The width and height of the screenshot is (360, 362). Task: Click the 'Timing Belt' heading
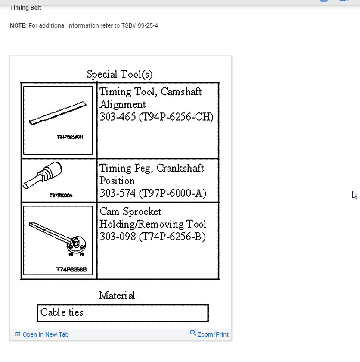click(25, 8)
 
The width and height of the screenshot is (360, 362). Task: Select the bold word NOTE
click(18, 25)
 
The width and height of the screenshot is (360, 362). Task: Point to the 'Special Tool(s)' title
click(119, 74)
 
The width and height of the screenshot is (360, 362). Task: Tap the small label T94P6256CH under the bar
click(70, 137)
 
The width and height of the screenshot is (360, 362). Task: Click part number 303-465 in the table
click(118, 117)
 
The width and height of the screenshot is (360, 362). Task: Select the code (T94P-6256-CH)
click(176, 117)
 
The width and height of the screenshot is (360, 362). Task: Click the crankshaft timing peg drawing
click(43, 176)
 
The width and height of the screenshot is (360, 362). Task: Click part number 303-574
click(118, 193)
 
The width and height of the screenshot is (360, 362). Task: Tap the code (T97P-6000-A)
click(172, 193)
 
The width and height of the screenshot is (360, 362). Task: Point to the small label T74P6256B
click(71, 270)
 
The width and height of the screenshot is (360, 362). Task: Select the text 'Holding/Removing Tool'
click(152, 224)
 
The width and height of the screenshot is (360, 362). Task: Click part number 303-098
click(118, 237)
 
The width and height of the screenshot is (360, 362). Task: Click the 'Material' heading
click(117, 295)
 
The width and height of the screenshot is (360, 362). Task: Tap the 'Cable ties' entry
click(62, 312)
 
